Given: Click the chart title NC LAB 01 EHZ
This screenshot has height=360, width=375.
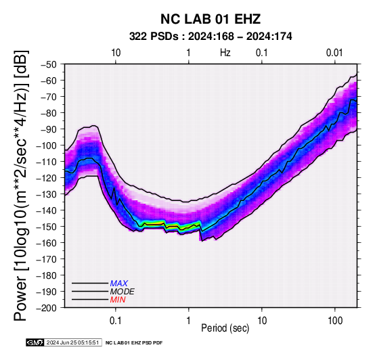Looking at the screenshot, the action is pyautogui.click(x=211, y=19).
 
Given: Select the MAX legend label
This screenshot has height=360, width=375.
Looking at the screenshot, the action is pyautogui.click(x=119, y=284).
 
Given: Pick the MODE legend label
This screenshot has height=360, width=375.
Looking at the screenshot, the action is pyautogui.click(x=123, y=292).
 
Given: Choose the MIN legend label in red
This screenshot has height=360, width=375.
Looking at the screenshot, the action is pyautogui.click(x=118, y=300).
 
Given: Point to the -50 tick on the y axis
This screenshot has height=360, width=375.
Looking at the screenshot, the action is pyautogui.click(x=49, y=64).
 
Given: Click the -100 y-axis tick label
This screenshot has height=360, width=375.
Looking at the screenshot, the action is pyautogui.click(x=47, y=145).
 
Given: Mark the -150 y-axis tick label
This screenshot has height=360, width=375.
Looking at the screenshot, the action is pyautogui.click(x=47, y=227).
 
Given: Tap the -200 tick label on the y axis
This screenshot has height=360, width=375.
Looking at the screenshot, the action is pyautogui.click(x=47, y=308).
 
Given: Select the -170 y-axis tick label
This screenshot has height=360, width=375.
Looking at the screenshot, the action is pyautogui.click(x=47, y=259).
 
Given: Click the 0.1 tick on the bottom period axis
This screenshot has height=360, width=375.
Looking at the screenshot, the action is pyautogui.click(x=116, y=321).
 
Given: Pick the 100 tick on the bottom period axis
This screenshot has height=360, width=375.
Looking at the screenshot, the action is pyautogui.click(x=335, y=321).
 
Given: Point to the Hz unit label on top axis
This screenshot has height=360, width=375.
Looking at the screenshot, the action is pyautogui.click(x=225, y=53).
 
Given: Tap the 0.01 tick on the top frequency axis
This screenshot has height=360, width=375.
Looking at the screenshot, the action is pyautogui.click(x=334, y=53).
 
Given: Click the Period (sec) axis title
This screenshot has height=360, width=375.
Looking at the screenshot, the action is pyautogui.click(x=225, y=328).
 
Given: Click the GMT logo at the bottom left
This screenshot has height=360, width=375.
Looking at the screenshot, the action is pyautogui.click(x=35, y=342).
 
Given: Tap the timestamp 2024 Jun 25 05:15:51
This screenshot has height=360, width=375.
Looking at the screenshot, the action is pyautogui.click(x=72, y=342).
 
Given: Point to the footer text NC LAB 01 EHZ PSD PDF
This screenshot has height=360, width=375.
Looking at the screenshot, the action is pyautogui.click(x=134, y=343).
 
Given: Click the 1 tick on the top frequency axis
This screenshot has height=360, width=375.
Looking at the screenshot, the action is pyautogui.click(x=188, y=53).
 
